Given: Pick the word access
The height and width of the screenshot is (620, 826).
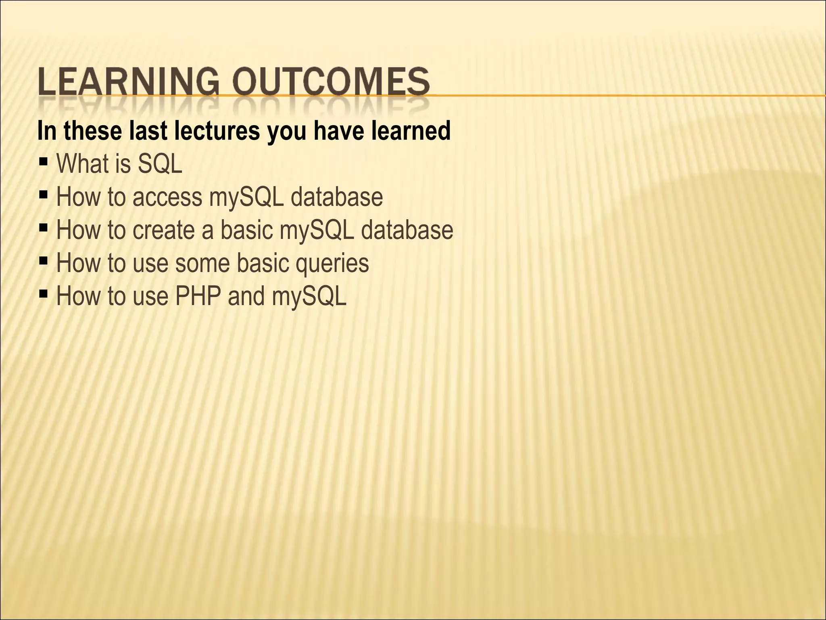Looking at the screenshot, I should pyautogui.click(x=167, y=198).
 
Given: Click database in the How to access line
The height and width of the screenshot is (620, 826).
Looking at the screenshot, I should pyautogui.click(x=336, y=198).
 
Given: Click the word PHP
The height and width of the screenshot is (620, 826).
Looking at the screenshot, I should pyautogui.click(x=198, y=296).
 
